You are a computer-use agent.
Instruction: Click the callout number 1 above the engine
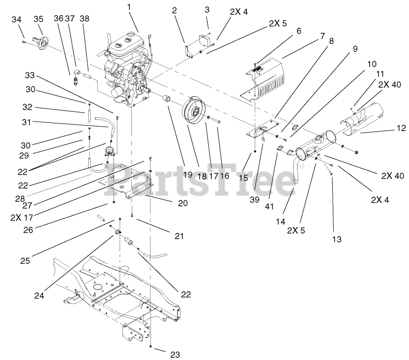129,8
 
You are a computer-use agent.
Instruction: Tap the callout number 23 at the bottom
175,354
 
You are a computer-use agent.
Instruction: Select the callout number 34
16,19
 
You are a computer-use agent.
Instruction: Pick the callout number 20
182,203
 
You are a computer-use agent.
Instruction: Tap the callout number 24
39,295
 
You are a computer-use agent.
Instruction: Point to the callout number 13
336,239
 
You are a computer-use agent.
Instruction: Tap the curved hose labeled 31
105,122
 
